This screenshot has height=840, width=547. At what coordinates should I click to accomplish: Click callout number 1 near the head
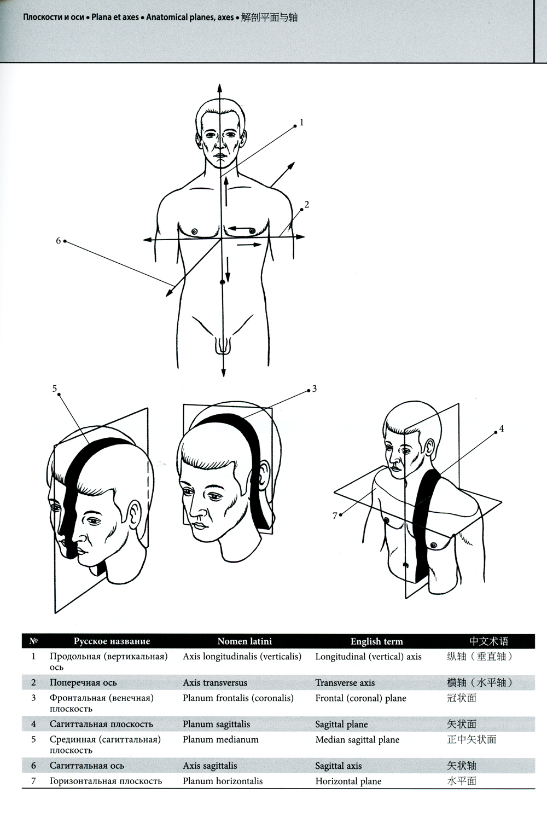click(301, 122)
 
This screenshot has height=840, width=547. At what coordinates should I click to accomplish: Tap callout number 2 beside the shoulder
click(307, 204)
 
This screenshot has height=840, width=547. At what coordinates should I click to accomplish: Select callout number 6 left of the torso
click(58, 241)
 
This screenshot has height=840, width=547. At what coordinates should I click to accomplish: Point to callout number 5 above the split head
click(54, 389)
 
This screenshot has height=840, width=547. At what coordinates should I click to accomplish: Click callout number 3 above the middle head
click(314, 389)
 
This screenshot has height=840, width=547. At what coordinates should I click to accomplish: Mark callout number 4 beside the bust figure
click(501, 428)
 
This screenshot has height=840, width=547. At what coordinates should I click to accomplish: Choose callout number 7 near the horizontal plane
click(335, 516)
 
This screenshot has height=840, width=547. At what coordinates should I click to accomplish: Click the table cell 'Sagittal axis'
click(338, 766)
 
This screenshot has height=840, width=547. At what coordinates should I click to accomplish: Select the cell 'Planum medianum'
click(220, 739)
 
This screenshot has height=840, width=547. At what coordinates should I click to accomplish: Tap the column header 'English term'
click(376, 641)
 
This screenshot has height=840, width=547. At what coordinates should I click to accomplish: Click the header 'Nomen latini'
click(245, 641)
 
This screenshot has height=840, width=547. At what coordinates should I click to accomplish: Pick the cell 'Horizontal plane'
click(348, 781)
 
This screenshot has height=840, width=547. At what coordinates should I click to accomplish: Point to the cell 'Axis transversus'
click(215, 682)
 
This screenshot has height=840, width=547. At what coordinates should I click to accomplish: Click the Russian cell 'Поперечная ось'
click(83, 682)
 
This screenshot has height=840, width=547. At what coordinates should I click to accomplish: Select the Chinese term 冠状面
click(462, 698)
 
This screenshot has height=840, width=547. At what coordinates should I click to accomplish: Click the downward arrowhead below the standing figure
click(223, 372)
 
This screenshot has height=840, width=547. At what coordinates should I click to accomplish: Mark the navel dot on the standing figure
click(222, 282)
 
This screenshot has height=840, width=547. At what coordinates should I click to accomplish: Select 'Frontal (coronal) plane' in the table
click(360, 698)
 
